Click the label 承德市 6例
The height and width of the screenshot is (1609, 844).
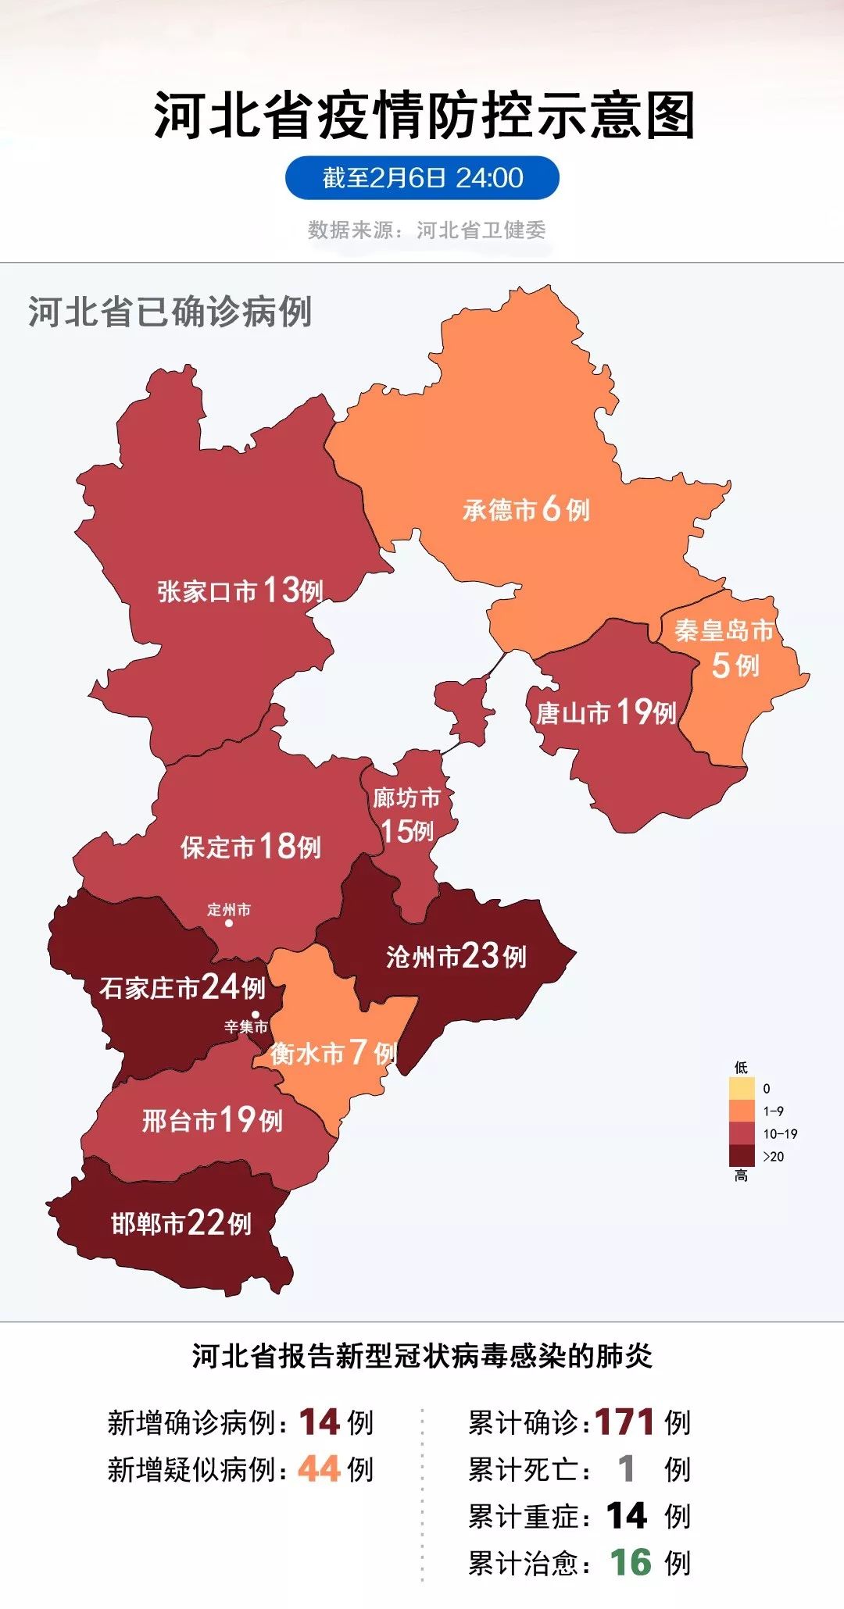526,510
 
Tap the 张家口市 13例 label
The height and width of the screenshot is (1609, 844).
240,590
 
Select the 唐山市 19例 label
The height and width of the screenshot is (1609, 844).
606,712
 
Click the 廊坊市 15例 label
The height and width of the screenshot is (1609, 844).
406,815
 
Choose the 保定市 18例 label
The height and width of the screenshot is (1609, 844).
251,846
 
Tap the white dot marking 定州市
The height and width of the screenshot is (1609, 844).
229,923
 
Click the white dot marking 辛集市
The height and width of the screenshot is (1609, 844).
255,1014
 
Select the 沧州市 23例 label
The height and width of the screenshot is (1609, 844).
456,956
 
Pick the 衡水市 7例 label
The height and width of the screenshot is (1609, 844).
333,1054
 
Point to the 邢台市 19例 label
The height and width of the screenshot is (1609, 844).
212,1120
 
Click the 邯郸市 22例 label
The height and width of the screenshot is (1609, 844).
181,1223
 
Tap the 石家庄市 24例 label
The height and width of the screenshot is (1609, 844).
182,987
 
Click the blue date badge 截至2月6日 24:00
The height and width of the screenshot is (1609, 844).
422,178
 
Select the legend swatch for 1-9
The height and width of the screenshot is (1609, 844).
742,1111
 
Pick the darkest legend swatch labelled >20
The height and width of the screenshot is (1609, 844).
742,1156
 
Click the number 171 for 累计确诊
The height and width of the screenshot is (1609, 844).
624,1422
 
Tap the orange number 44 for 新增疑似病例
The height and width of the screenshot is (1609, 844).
318,1469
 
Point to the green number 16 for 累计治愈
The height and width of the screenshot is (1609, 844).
630,1563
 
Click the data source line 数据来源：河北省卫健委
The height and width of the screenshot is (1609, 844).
427,230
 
